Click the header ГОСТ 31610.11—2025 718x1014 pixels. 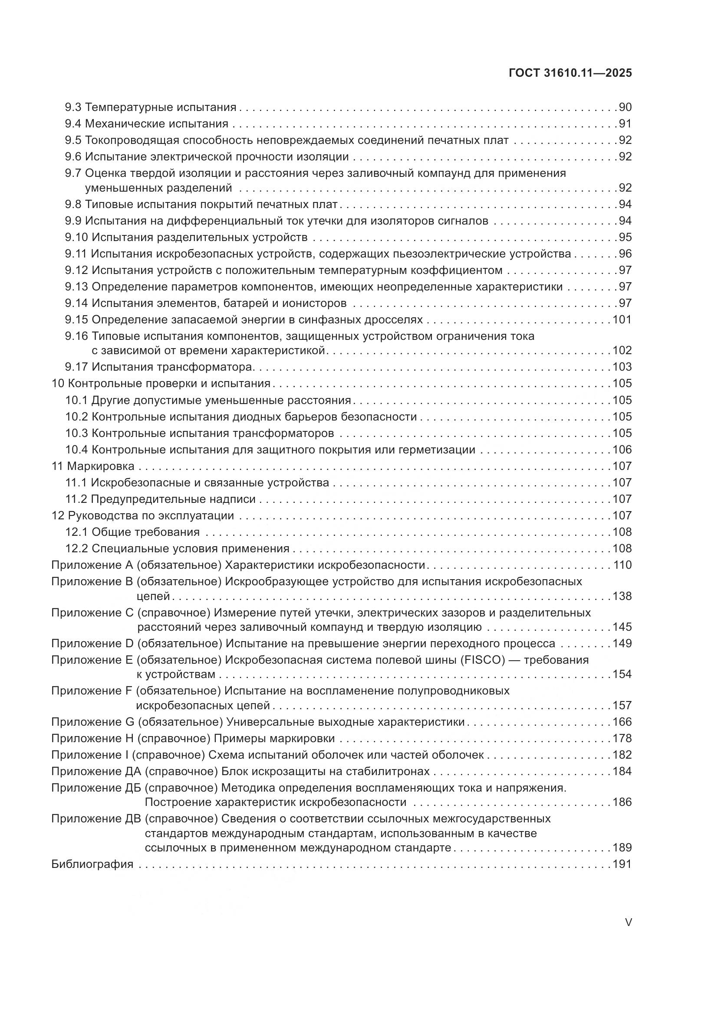point(570,73)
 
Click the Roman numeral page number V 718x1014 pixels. point(628,923)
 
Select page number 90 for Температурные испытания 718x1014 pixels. point(625,108)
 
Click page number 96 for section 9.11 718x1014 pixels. point(625,254)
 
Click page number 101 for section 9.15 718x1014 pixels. point(622,320)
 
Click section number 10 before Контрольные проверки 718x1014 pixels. point(58,383)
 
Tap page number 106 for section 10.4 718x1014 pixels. point(622,450)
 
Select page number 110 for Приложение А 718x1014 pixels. point(622,565)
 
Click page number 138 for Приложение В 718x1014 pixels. point(622,596)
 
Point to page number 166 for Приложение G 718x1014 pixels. point(622,722)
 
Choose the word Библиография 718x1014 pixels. point(92,864)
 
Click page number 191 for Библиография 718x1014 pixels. point(622,864)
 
